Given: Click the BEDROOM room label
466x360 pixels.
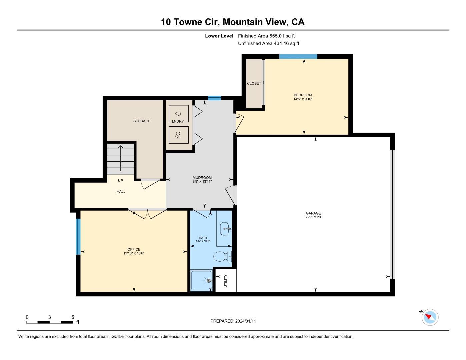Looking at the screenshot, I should click(303, 95).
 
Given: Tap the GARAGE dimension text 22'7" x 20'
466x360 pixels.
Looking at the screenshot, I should click(313, 217).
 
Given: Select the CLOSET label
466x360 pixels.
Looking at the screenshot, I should click(254, 83).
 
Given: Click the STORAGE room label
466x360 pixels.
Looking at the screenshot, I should click(142, 121).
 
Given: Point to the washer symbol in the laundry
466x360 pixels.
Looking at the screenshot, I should click(178, 114).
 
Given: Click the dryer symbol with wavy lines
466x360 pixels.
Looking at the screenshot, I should click(178, 135).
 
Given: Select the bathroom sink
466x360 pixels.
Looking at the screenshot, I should click(226, 229).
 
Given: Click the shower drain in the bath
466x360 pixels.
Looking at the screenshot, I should click(209, 281).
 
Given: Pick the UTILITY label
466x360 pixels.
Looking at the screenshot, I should click(226, 281).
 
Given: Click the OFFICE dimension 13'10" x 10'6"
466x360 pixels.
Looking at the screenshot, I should click(134, 253).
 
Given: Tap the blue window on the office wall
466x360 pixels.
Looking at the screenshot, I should click(78, 236).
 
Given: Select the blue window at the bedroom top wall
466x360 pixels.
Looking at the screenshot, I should click(298, 56).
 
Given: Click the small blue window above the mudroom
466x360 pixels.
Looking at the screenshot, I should click(214, 98).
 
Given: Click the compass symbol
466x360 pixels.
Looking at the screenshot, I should click(430, 317).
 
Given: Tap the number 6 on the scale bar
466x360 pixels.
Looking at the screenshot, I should click(73, 317).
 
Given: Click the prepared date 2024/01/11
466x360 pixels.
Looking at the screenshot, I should click(245, 321).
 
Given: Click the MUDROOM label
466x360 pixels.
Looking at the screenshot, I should click(202, 178).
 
